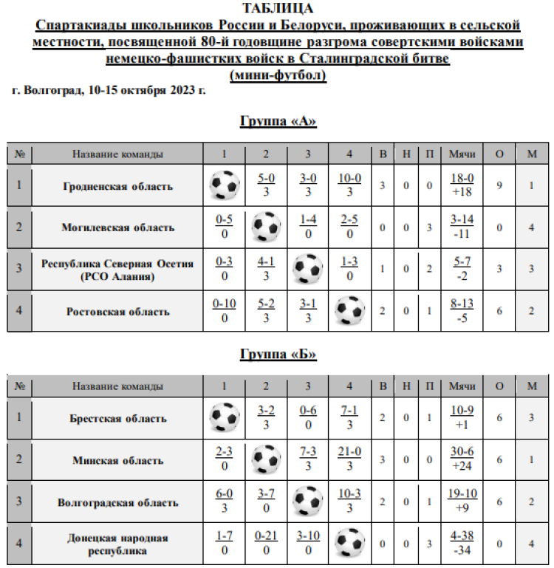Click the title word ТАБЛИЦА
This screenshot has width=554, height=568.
[x=278, y=9]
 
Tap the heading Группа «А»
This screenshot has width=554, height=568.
[x=278, y=121]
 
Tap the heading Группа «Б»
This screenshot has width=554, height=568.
[x=278, y=354]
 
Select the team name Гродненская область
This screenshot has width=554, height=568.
[x=118, y=186]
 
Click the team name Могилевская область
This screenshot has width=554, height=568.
[x=118, y=227]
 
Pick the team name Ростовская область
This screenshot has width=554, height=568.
[x=118, y=312]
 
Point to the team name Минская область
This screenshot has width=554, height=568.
[x=118, y=460]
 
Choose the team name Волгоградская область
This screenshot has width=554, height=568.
[x=118, y=502]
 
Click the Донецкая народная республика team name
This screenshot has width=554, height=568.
[x=118, y=544]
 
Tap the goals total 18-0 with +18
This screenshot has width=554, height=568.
[x=462, y=185]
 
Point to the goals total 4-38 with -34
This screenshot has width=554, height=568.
[x=462, y=544]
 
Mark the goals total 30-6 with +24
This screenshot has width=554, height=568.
[x=462, y=460]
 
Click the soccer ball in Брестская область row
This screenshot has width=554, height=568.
[x=225, y=418]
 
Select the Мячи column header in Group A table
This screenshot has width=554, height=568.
[x=462, y=154]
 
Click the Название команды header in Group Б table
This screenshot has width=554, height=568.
[x=118, y=386]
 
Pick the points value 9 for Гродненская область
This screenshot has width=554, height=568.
[x=499, y=185]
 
